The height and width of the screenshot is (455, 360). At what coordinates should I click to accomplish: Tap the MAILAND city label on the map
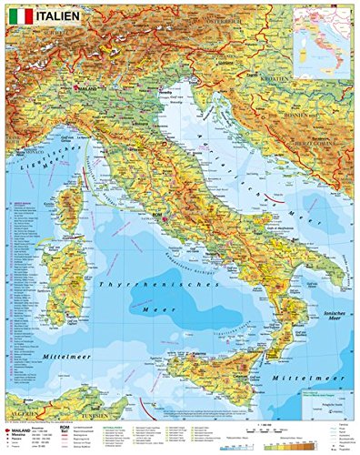click(x=85, y=87)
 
